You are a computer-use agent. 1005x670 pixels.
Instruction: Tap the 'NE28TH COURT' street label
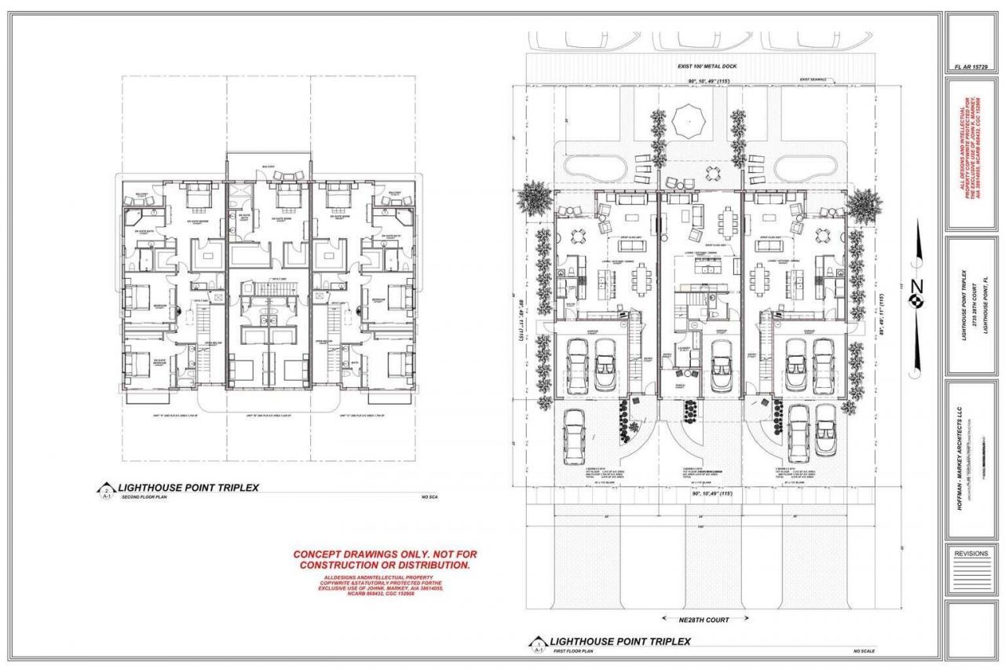point(696,620)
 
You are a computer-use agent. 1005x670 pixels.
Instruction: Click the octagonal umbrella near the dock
point(689,119)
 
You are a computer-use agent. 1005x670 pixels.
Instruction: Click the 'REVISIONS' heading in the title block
point(970,554)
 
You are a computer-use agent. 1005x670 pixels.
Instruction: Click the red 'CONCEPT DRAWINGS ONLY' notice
point(385,559)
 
